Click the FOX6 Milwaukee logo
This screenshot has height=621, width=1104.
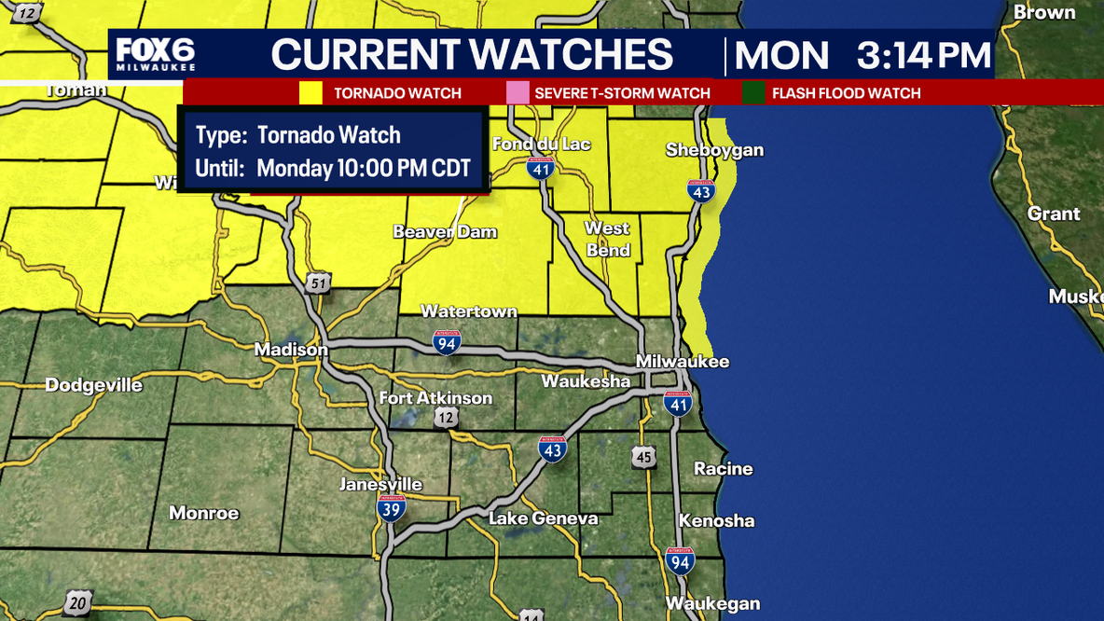[x=156, y=55]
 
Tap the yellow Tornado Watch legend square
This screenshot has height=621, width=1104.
[x=310, y=93]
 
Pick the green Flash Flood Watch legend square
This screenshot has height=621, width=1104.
[x=753, y=93]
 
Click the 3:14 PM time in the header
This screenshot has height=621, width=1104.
[x=923, y=56]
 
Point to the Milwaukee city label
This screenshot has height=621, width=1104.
[x=683, y=362]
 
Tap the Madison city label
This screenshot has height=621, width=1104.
[x=291, y=350]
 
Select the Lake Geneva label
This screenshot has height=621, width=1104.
[x=544, y=518]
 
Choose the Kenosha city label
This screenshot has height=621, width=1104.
[x=716, y=520]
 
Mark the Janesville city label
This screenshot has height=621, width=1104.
[x=380, y=484]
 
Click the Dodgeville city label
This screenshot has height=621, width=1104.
[x=94, y=385]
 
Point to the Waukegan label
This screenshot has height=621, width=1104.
[x=712, y=603]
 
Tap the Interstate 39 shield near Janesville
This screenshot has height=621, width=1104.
[x=392, y=508]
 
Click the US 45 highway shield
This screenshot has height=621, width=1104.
[x=642, y=456]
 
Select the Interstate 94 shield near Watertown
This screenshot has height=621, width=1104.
[x=447, y=343]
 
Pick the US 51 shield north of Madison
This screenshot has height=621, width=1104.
[x=319, y=283]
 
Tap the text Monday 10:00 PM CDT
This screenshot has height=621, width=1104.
[x=364, y=169]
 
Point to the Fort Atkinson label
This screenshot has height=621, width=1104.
[x=435, y=398]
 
